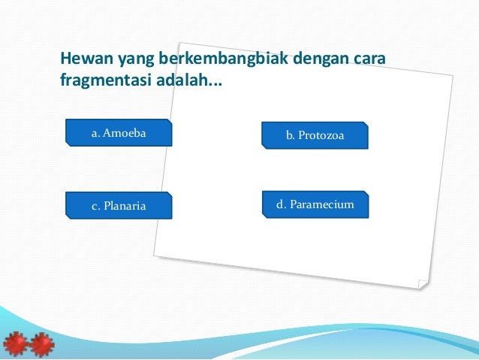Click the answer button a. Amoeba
coord(119,133)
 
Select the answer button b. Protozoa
coord(315,135)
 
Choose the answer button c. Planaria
coord(119,205)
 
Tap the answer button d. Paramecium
coord(315,204)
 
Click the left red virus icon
coord(15,343)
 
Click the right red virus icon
coord(41,343)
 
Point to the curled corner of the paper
coord(422,283)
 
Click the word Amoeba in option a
coord(125,133)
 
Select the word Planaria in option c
coord(125,205)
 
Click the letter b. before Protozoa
coord(291,135)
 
